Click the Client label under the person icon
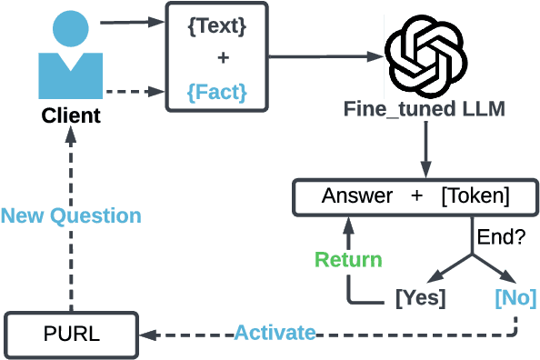(x=71, y=116)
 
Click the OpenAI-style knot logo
(x=425, y=55)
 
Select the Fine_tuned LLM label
(x=424, y=110)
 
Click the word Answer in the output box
(x=357, y=196)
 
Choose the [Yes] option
(x=420, y=297)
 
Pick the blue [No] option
(x=515, y=297)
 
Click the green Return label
(x=348, y=259)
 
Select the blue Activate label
(x=275, y=333)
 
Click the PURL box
(x=70, y=334)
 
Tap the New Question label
(x=71, y=215)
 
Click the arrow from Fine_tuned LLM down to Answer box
(x=425, y=150)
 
